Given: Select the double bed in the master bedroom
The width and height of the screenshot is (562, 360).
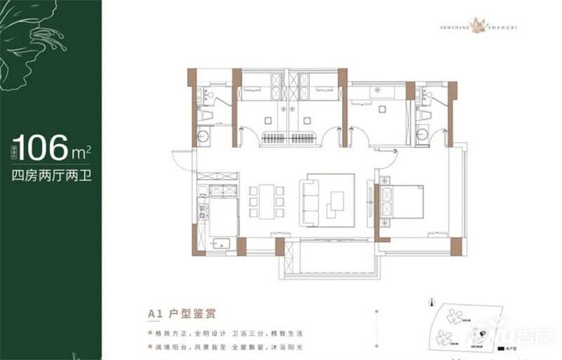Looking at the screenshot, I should (x=403, y=204).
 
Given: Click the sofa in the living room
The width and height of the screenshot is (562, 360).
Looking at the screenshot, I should (x=310, y=202).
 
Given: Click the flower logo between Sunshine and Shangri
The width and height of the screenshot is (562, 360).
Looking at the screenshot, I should (x=481, y=26).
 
